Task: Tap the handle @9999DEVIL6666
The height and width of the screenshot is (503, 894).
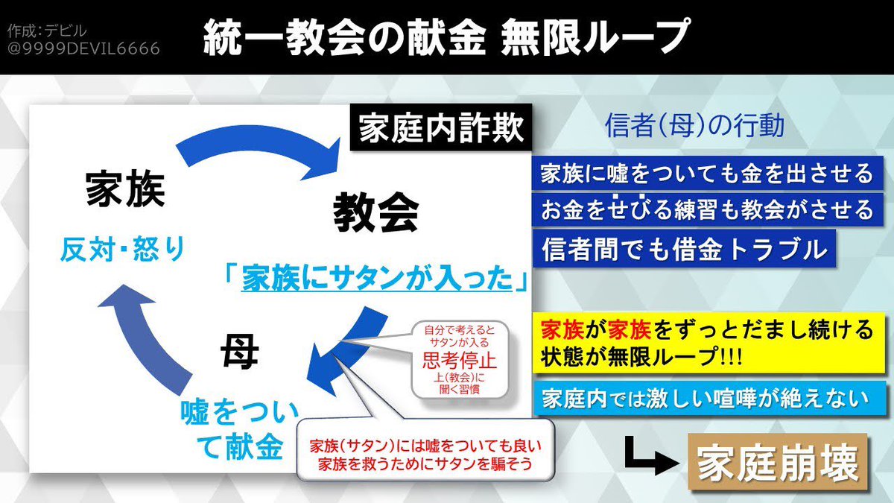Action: click(83, 48)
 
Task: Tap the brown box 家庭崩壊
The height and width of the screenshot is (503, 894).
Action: click(778, 464)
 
